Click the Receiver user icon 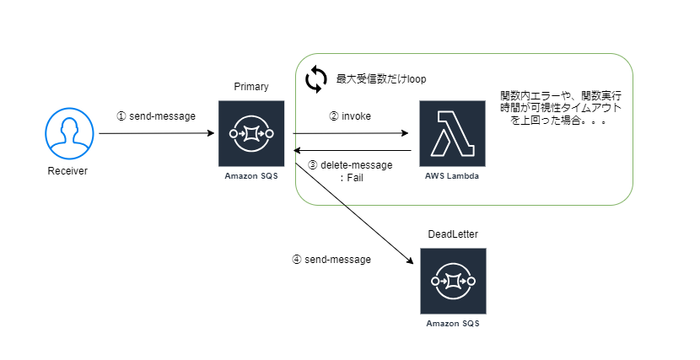[68, 134]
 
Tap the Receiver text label [68, 171]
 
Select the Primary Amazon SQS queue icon [250, 133]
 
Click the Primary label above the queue [250, 88]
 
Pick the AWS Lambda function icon [452, 133]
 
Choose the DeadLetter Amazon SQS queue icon [452, 281]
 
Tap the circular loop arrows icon [315, 78]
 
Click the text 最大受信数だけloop [381, 79]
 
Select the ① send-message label [156, 116]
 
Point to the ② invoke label [351, 116]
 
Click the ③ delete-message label [349, 165]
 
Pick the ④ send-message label [331, 260]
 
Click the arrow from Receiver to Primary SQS [156, 133]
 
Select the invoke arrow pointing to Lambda [350, 133]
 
